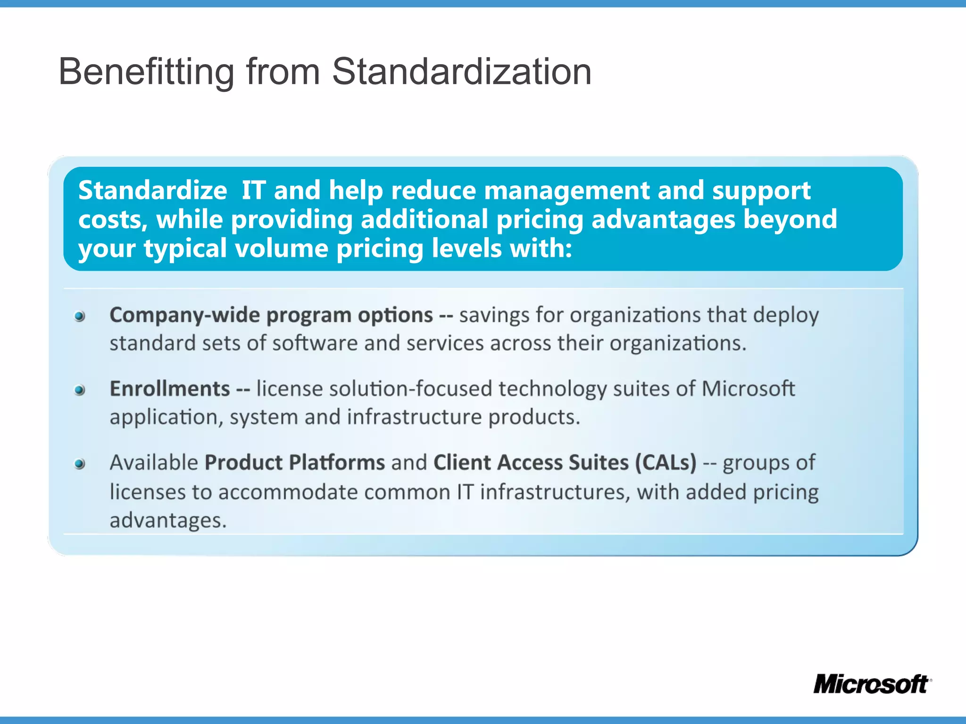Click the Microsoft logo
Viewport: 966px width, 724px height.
(x=871, y=684)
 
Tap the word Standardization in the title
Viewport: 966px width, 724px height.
(x=461, y=72)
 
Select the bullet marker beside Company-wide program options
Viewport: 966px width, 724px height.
(x=80, y=316)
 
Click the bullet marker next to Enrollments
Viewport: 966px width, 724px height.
(x=80, y=390)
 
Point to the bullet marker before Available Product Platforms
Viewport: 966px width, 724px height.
(x=80, y=464)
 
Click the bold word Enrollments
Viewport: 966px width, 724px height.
(x=169, y=389)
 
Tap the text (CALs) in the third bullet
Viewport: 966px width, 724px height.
(x=666, y=462)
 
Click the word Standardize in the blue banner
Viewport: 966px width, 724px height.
(x=152, y=190)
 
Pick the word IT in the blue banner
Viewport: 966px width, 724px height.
(x=253, y=190)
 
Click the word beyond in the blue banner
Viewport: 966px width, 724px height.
(x=790, y=220)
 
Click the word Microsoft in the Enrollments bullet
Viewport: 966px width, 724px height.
(x=748, y=389)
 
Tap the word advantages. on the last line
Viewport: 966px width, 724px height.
(x=168, y=520)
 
